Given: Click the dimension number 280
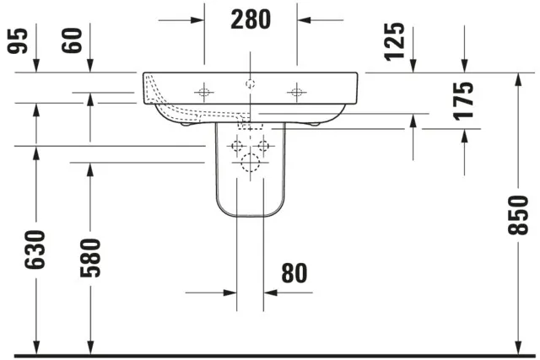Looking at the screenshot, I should [251, 19].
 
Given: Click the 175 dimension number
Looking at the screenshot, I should [464, 100].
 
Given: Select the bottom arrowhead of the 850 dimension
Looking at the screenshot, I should [516, 347].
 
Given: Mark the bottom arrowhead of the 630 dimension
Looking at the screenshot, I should [35, 347].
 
